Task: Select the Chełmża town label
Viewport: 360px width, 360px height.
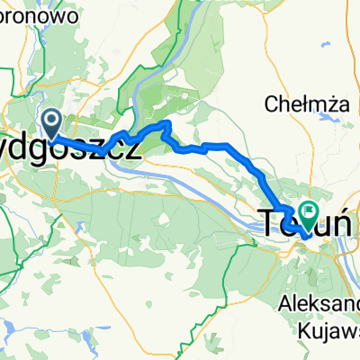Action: (299, 104)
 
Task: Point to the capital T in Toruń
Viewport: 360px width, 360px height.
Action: (269, 220)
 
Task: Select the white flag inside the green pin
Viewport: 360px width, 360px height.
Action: (310, 211)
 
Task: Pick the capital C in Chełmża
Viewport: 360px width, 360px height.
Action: (271, 104)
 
